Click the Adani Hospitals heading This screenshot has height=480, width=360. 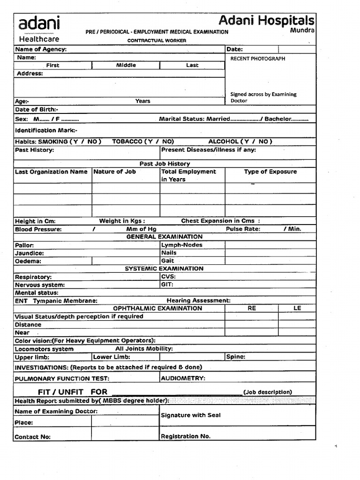coord(266,20)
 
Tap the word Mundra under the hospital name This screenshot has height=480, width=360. coord(302,30)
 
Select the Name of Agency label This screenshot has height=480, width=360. coord(41,49)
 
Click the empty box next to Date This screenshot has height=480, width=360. coord(297,49)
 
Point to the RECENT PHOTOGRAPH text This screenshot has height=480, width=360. coord(257,59)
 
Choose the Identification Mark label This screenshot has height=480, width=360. coord(46,130)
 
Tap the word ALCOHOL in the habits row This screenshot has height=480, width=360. coord(224,141)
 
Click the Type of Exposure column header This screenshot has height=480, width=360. coord(270,172)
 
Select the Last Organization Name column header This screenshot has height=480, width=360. coord(51,172)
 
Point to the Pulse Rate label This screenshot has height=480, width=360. coord(243,229)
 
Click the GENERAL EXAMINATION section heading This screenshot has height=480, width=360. coord(164,237)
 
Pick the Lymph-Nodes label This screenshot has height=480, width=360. coord(182,245)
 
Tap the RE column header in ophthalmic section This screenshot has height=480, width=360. coord(252,308)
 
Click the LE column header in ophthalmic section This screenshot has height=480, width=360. coord(297,308)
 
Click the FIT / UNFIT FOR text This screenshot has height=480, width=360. coord(73,391)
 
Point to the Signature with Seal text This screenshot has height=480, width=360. coord(191,415)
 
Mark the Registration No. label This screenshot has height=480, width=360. coord(186,436)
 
